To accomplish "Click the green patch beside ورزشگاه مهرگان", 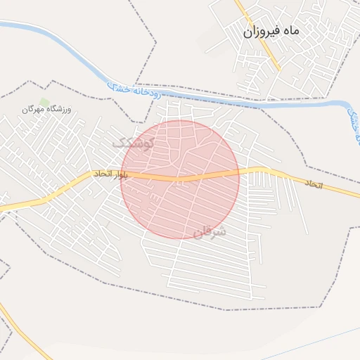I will (x=44, y=103).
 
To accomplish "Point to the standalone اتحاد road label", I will (x=312, y=183).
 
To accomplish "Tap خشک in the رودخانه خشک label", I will (x=117, y=87).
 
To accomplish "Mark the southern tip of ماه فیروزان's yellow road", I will (x=279, y=70).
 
